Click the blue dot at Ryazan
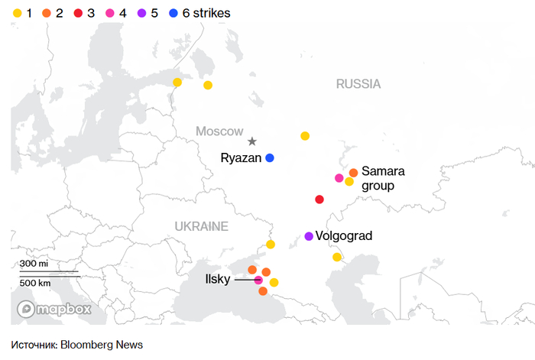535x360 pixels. coord(270,158)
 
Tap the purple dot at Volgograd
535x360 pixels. coord(309,236)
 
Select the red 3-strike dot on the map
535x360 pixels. coord(319,199)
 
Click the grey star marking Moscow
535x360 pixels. coord(252,141)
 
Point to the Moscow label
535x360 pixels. coord(219,131)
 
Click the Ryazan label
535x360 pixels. coord(241,158)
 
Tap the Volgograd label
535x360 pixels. coord(344,236)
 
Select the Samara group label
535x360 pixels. coord(383,177)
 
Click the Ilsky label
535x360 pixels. coord(218,280)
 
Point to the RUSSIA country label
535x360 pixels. coord(358,84)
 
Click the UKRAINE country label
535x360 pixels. coord(201,226)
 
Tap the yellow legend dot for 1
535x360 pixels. coord(17,14)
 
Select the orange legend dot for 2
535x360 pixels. coord(47,14)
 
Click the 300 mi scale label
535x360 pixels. coord(34,264)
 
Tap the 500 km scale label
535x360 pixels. coord(35,283)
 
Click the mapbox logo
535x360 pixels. coord(54,309)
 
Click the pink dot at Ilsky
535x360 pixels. coord(258,281)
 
